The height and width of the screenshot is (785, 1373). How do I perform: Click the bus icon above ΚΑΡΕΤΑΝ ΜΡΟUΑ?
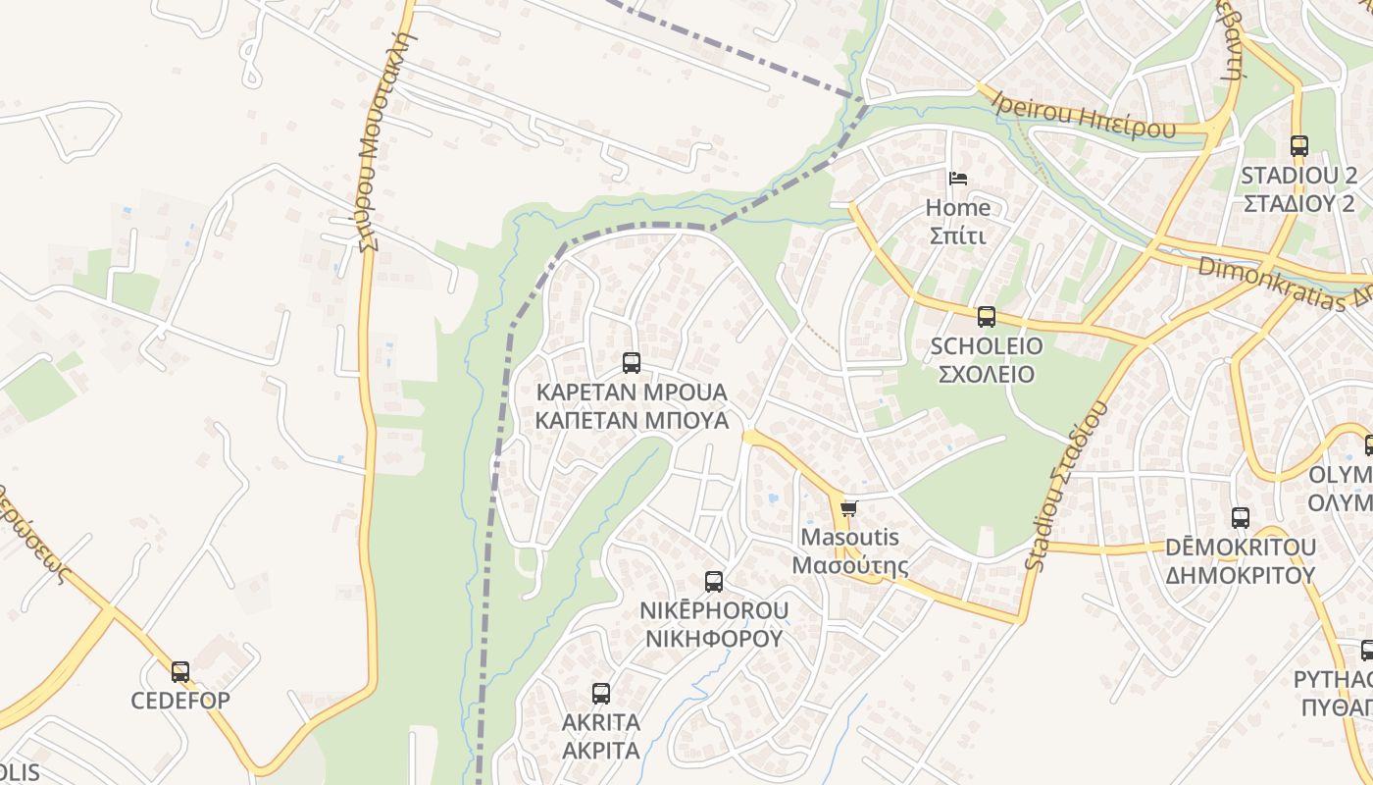632,363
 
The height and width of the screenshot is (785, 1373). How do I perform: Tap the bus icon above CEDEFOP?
180,672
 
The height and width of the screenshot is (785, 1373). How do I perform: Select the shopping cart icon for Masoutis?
848,508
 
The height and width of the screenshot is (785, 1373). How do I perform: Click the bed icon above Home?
958,179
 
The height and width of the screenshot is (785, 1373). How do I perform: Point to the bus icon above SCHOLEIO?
987,317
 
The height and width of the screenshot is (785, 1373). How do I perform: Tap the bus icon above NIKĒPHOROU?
714,582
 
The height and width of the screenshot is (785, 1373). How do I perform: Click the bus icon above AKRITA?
601,694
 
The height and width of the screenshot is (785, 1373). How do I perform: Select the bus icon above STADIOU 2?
1299,146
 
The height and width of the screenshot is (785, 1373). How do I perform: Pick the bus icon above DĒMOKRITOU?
1241,518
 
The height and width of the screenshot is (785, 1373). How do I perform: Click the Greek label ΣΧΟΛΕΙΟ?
987,374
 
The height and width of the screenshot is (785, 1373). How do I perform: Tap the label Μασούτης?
849,566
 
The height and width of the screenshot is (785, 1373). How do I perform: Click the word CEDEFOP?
180,701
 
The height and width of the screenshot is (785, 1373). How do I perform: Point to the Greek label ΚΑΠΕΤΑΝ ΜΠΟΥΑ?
632,421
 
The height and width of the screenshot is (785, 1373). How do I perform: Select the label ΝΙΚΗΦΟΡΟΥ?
714,639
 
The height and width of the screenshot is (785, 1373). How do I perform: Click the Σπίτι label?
958,236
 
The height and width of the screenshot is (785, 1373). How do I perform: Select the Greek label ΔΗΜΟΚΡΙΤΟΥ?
1241,575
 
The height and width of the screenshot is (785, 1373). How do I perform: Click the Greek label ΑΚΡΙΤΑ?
601,751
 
